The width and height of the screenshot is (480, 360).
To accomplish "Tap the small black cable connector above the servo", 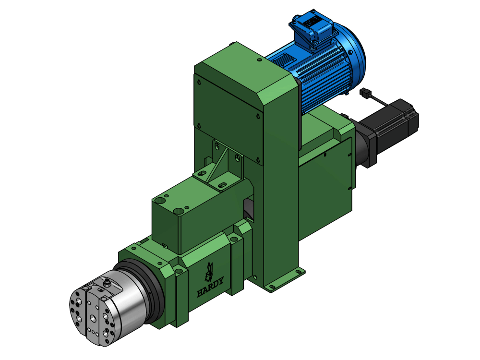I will [366, 93].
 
